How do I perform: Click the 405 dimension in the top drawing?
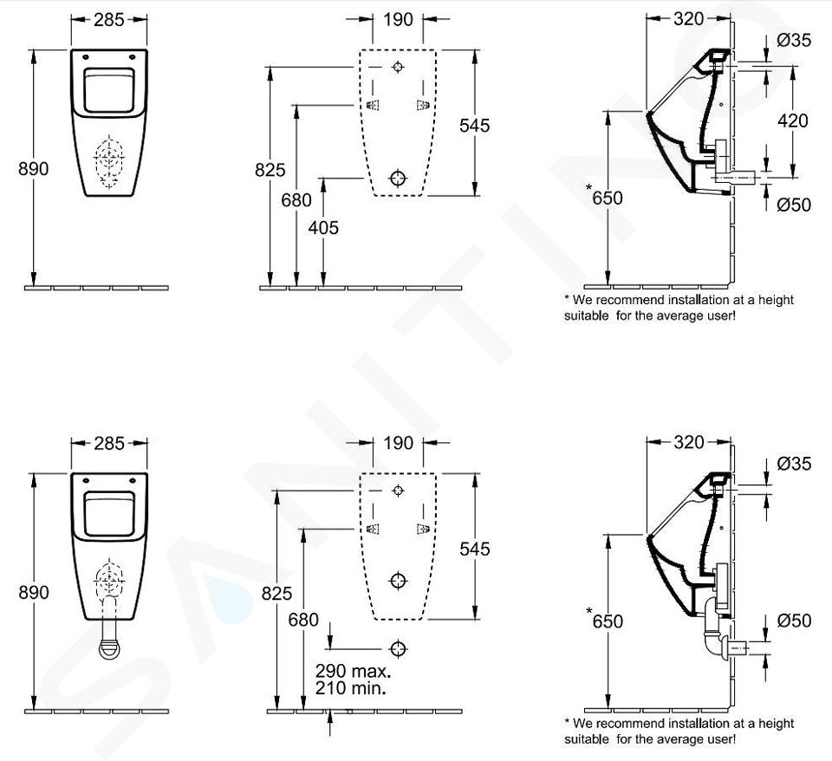323,228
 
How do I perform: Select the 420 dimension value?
793,121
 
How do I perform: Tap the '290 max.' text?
354,671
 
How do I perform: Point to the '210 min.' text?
350,688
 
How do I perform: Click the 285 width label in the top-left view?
109,20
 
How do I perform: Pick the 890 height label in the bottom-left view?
34,592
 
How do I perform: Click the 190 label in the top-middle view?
398,20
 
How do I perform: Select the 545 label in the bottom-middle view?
474,549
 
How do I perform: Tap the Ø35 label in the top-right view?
794,40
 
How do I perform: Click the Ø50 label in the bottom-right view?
794,621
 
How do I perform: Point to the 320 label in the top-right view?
689,19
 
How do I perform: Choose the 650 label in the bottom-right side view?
608,621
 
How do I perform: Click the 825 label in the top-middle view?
270,170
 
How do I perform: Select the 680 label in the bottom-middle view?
303,620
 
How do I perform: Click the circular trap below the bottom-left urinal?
109,648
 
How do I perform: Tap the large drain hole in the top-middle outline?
398,179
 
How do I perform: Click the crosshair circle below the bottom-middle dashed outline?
398,648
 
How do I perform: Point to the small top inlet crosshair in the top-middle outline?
398,67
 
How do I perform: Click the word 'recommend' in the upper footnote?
629,300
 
